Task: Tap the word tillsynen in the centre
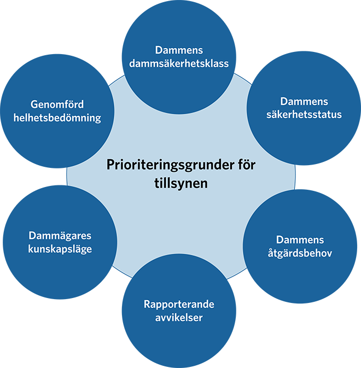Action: pos(180,183)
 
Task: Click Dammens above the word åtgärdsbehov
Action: pos(300,240)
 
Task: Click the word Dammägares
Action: pos(60,236)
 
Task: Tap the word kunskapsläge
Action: pos(60,249)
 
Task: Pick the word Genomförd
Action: pos(57,104)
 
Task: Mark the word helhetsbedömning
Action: pos(57,118)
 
